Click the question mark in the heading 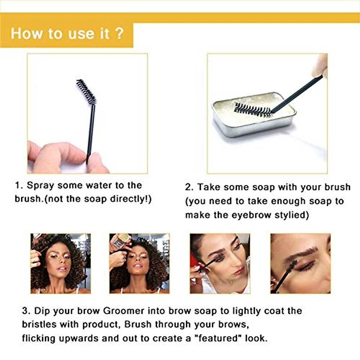pos(119,33)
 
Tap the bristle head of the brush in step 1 pos(86,91)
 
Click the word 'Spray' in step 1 pos(40,185)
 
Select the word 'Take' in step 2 pos(208,187)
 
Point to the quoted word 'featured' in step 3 pos(218,338)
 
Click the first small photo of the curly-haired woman pos(61,263)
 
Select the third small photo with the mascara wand pos(220,263)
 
